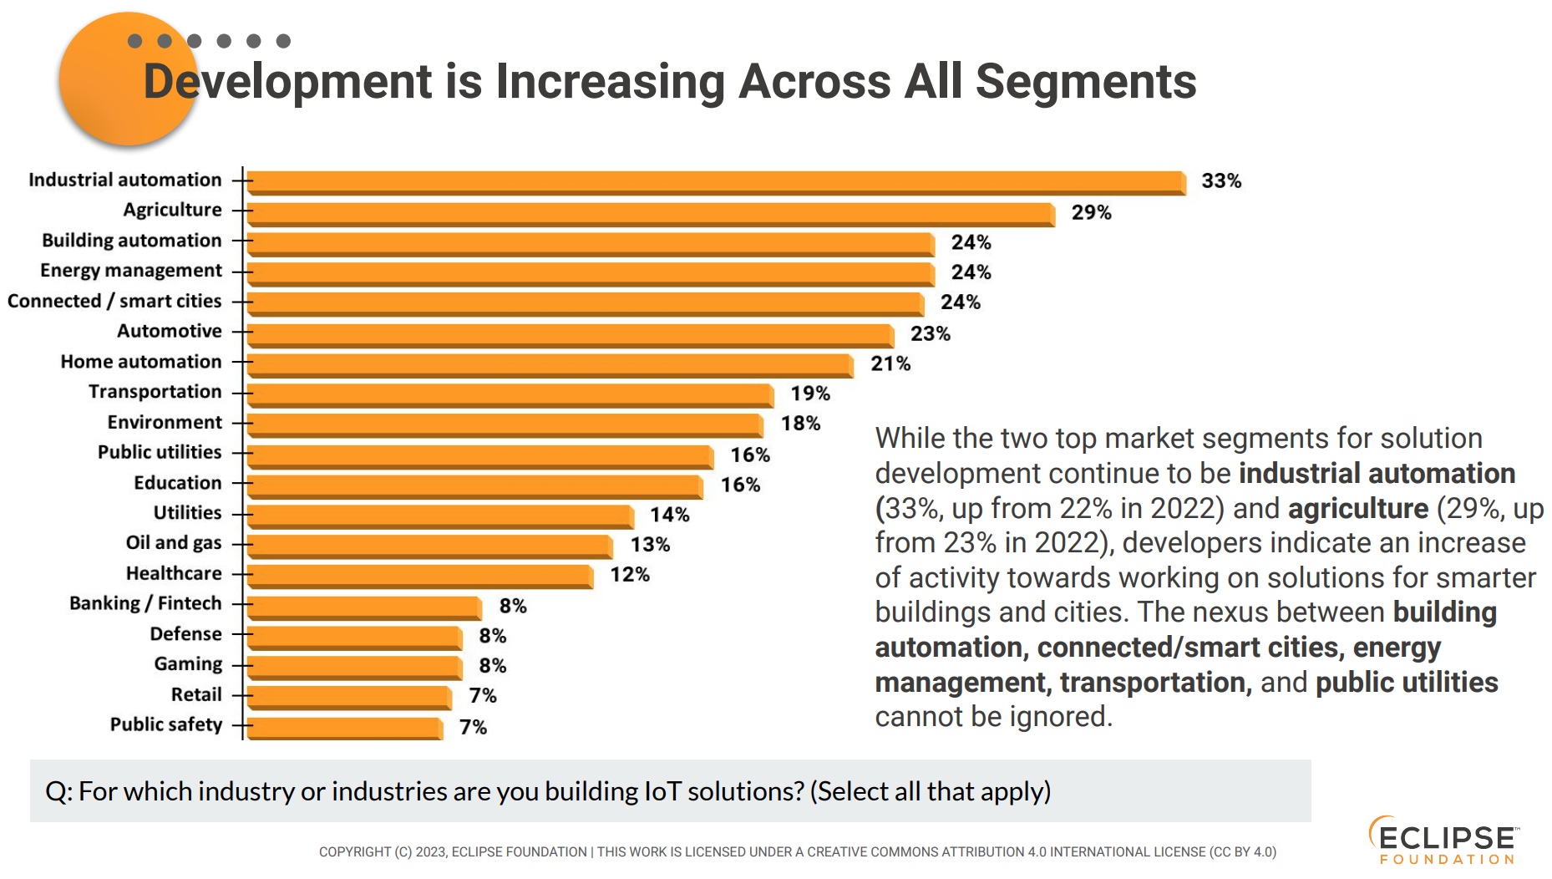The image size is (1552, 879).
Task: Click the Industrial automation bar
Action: coord(716,182)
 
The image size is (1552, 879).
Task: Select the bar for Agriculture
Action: coord(651,213)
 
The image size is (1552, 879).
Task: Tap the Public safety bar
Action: coord(344,727)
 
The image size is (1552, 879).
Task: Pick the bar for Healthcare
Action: coord(419,575)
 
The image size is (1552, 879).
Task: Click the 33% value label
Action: coord(1220,181)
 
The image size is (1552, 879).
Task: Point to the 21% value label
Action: coord(890,363)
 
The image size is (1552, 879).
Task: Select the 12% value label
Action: coord(629,575)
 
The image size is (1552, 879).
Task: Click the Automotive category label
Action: coord(170,331)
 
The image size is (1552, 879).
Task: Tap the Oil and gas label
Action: coord(174,543)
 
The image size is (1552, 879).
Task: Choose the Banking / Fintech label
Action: coord(145,603)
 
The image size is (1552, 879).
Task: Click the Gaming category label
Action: coord(188,664)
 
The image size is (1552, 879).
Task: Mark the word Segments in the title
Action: coord(1085,82)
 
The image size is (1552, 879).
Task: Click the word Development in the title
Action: coord(287,82)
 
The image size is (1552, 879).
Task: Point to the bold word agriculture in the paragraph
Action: coord(1357,508)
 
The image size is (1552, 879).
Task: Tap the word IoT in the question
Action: coord(662,791)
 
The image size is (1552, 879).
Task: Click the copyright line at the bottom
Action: coord(797,852)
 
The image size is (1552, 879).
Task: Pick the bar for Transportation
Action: coord(510,394)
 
